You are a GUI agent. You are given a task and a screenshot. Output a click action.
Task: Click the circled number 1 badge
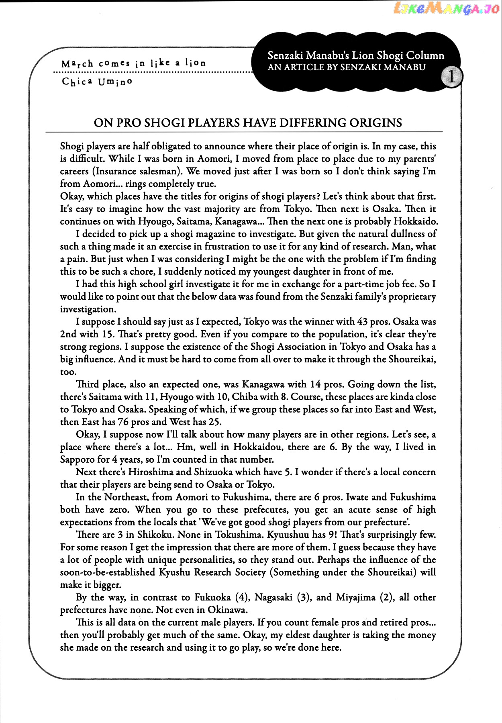451,76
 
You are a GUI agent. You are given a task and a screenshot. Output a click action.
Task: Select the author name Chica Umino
97,82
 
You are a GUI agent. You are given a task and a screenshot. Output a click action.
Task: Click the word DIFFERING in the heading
312,123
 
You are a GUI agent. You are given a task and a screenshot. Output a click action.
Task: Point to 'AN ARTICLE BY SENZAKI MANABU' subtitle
346,67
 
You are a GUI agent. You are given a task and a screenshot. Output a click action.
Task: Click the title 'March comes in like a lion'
133,63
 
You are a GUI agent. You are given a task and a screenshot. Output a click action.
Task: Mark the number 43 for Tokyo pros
362,322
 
